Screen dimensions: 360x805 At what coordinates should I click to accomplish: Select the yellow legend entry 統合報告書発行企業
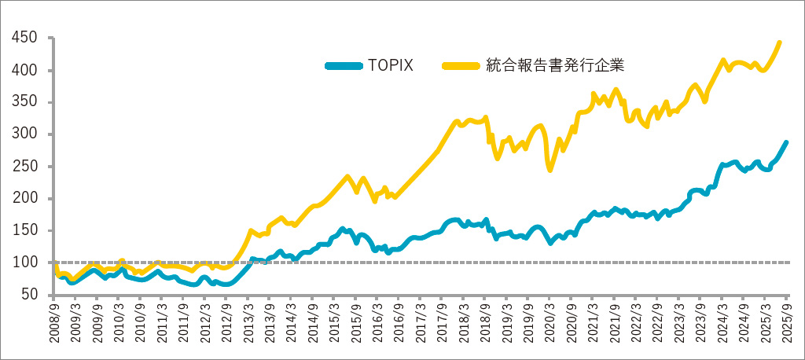[x=555, y=65]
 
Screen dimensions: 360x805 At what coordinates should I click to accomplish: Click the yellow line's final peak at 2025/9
[x=779, y=42]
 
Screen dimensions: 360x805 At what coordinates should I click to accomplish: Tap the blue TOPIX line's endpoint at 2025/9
[x=786, y=142]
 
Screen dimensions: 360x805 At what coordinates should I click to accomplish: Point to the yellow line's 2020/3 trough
[x=550, y=169]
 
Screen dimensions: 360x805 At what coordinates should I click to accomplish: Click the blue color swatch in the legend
[x=343, y=65]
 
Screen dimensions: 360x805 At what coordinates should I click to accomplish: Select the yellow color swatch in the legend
[x=461, y=65]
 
